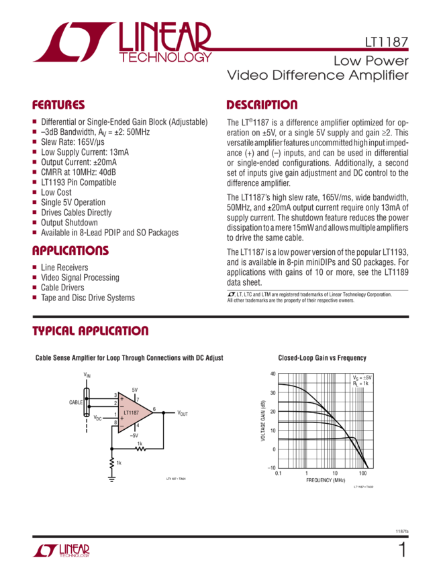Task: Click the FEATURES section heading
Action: point(58,105)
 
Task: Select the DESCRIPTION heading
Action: point(262,105)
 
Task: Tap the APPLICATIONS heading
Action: point(70,251)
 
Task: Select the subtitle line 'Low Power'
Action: point(371,61)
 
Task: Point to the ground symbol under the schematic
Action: point(111,477)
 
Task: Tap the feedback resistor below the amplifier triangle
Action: point(140,448)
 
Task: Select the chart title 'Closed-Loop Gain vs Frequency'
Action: point(322,358)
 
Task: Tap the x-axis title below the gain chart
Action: point(325,480)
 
